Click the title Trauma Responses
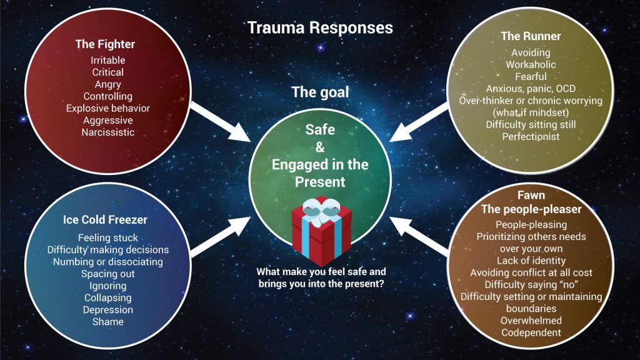coord(320,28)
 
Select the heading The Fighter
coord(105,44)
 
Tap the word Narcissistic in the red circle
coord(107,132)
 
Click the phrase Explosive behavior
coord(107,108)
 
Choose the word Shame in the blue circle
coord(107,321)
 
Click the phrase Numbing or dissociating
coord(107,262)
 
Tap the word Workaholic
coord(531,64)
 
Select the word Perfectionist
coord(531,136)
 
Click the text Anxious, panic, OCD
coord(531,89)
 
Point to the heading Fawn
coord(531,196)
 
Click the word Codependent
coord(531,332)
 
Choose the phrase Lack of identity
coord(531,260)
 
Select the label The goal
coord(320,92)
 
